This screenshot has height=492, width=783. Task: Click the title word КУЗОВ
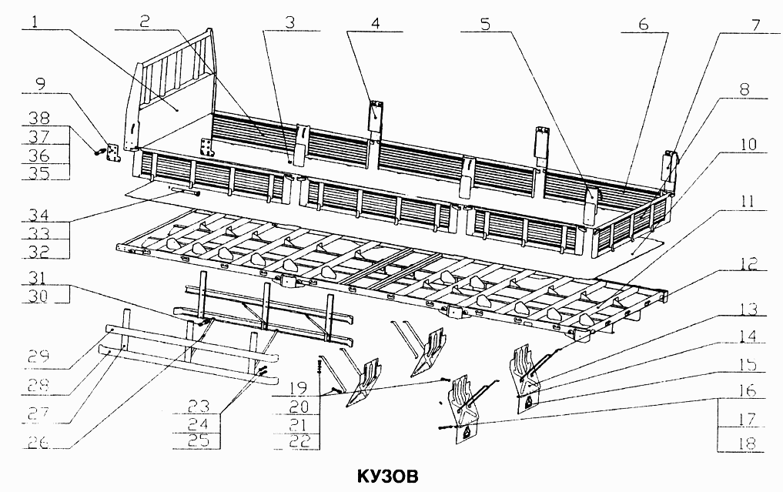click(387, 476)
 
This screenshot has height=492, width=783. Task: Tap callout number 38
click(39, 118)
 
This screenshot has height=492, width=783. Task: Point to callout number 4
click(375, 23)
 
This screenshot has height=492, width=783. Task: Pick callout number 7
click(755, 25)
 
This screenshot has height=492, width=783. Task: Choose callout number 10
click(748, 145)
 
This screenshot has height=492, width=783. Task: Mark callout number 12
click(748, 264)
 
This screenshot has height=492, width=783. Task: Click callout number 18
click(747, 443)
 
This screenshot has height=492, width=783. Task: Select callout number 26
click(38, 442)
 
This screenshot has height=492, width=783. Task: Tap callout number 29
click(38, 356)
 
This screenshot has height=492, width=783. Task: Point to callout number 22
click(299, 440)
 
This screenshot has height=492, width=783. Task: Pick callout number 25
click(198, 440)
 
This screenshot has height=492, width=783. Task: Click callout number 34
click(38, 215)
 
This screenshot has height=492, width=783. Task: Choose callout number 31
click(37, 278)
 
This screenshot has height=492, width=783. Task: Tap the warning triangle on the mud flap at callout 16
click(467, 432)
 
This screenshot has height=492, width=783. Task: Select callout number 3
click(290, 22)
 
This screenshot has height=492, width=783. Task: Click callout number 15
click(747, 365)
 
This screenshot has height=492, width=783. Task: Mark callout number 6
click(644, 24)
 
